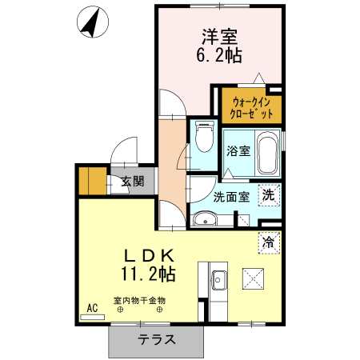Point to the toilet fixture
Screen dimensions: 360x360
click(x=204, y=138)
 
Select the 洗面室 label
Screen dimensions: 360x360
click(x=232, y=196)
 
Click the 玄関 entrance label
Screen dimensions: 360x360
click(x=132, y=182)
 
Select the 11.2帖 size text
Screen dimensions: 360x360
click(x=150, y=274)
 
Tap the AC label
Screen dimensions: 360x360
click(x=92, y=307)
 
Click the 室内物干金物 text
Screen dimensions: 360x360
click(x=139, y=301)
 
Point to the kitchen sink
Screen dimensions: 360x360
click(x=218, y=280)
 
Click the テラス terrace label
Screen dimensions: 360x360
click(x=157, y=339)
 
